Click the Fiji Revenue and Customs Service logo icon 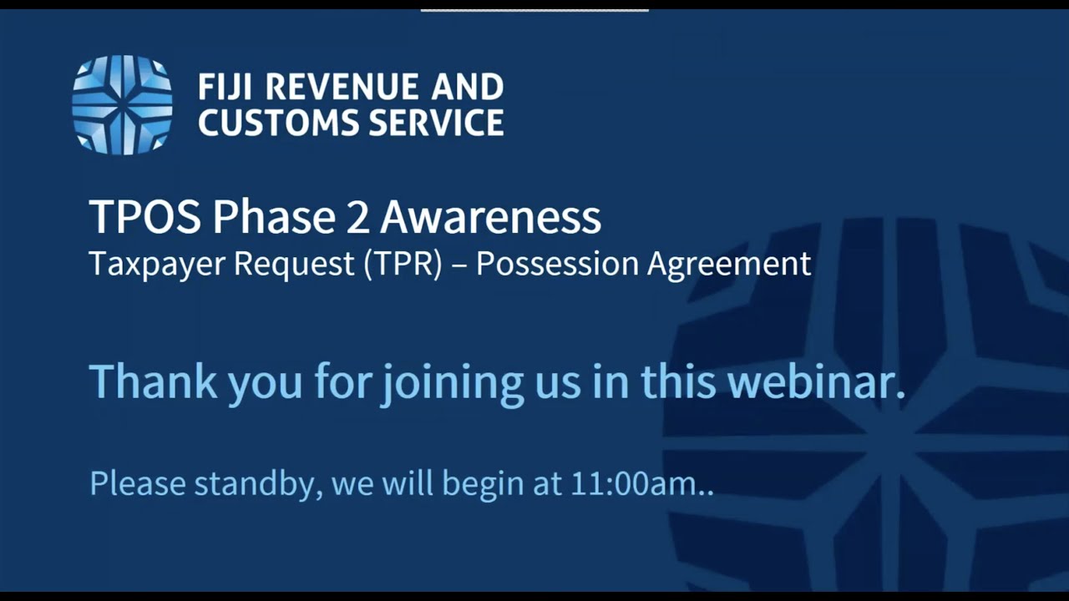[122, 104]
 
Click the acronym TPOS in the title [144, 217]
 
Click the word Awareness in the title [490, 217]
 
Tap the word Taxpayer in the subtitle [156, 264]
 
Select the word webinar [816, 381]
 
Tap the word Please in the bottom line [137, 484]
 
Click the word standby [258, 484]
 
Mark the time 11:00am [632, 484]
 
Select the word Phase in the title [269, 217]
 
